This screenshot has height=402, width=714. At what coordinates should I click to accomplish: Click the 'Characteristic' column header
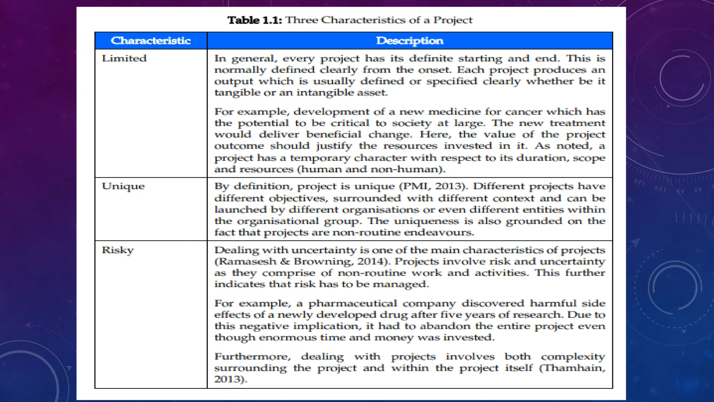click(x=151, y=41)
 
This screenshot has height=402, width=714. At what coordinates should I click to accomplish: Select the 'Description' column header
click(x=410, y=41)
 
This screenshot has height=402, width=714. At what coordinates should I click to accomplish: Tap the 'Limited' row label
click(x=124, y=58)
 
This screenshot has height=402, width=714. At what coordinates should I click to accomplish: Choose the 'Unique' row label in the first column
click(x=123, y=186)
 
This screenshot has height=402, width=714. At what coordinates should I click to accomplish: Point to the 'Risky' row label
click(x=118, y=250)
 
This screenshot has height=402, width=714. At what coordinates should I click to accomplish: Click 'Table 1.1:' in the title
click(x=255, y=20)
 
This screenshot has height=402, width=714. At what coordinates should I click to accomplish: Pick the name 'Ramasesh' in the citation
click(x=248, y=262)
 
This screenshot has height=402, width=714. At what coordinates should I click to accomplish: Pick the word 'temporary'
click(x=320, y=158)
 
